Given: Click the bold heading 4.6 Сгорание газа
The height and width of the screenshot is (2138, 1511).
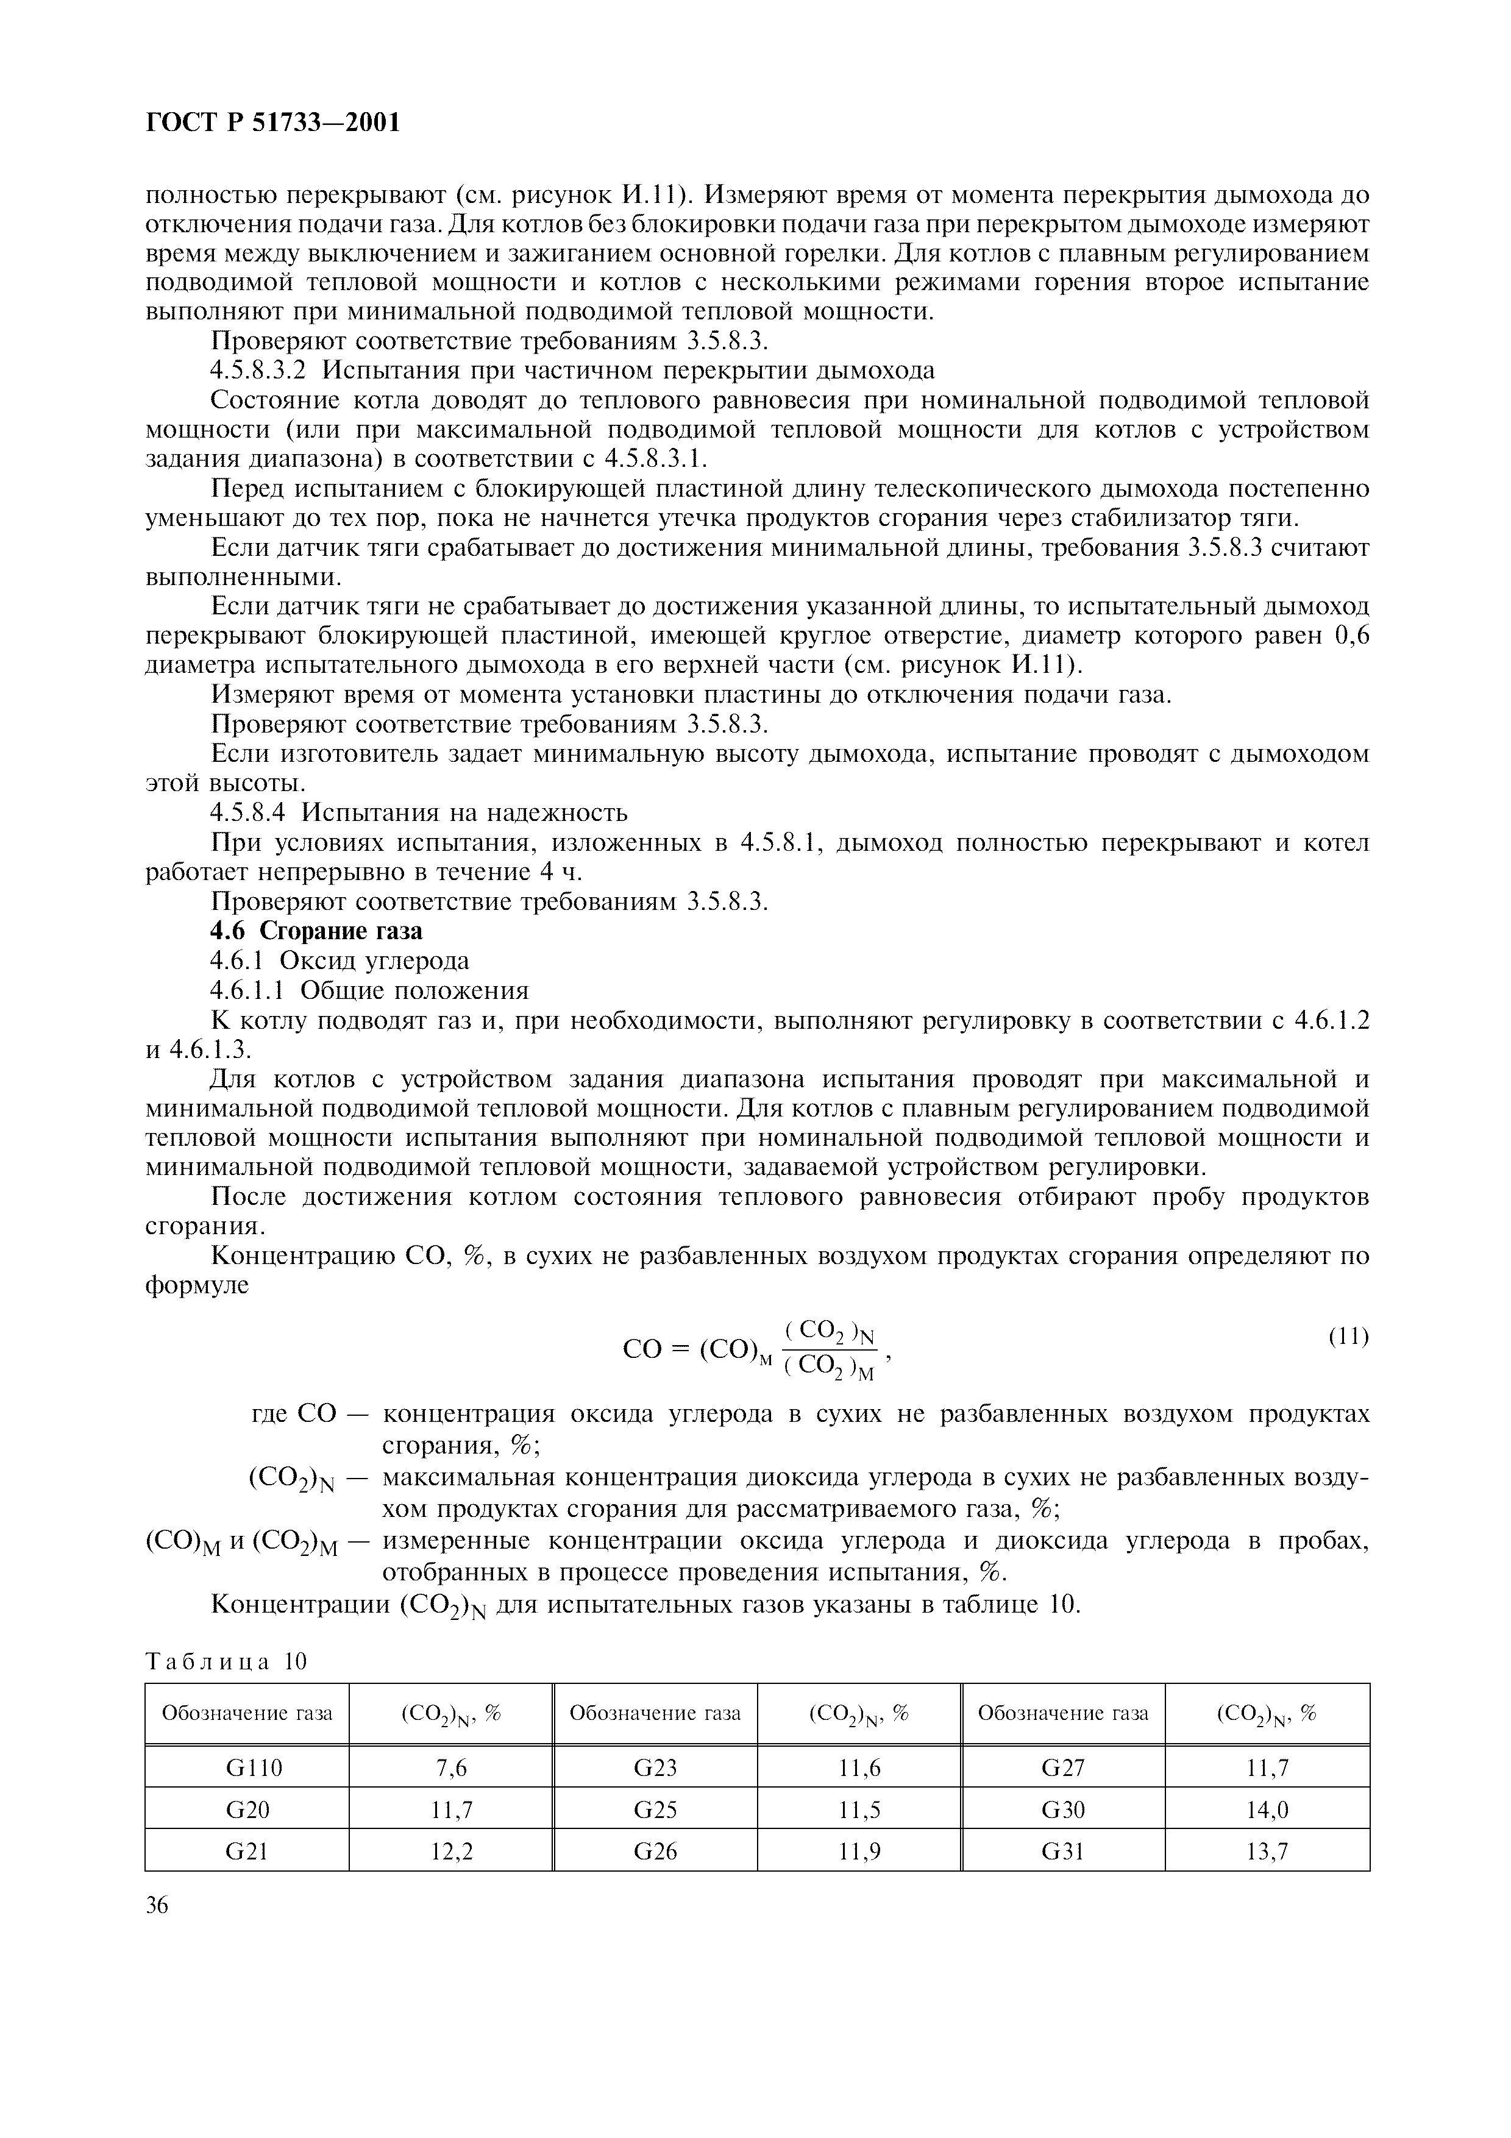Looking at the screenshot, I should click(316, 931).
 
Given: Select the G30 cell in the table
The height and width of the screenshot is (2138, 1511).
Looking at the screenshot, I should click(1062, 1809).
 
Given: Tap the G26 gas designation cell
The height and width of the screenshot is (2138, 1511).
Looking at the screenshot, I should click(655, 1851).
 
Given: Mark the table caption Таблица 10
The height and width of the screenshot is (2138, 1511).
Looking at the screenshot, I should click(226, 1662).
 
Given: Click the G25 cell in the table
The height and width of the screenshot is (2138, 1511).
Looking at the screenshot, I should click(655, 1809).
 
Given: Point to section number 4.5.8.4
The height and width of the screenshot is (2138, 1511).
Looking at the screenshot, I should click(249, 813).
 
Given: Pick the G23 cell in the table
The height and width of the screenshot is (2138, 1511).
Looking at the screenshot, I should click(655, 1767).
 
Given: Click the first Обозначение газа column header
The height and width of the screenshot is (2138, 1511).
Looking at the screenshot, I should click(247, 1713).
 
